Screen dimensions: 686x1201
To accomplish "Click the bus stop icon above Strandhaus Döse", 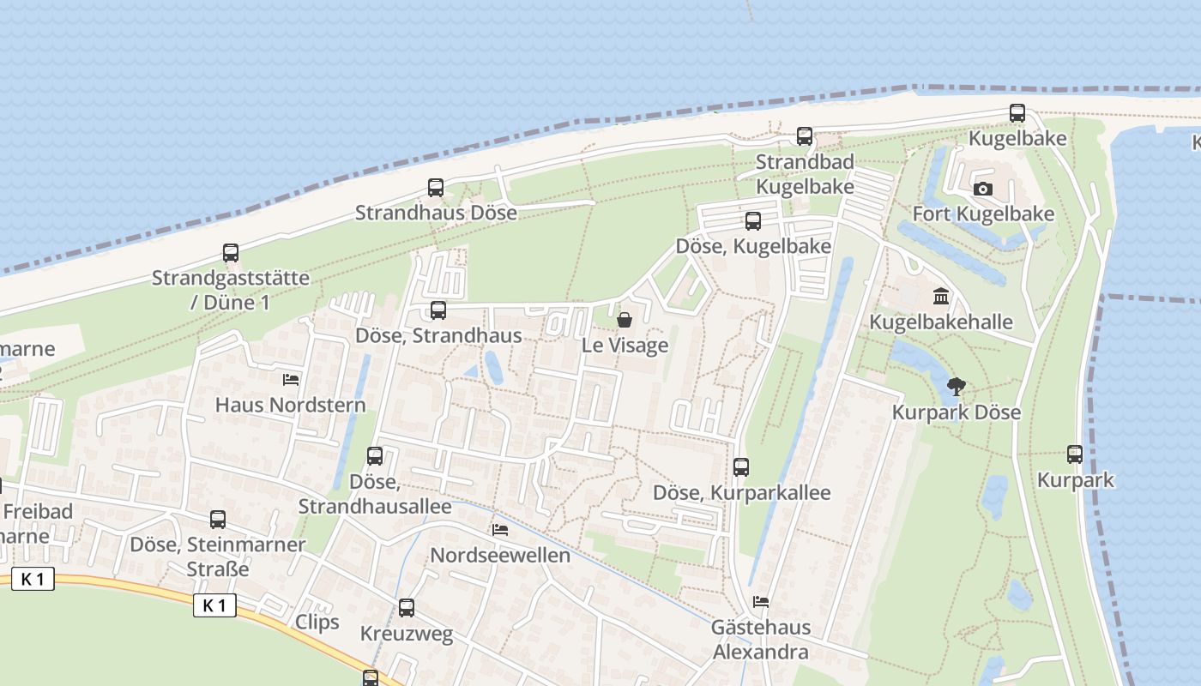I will click(436, 188).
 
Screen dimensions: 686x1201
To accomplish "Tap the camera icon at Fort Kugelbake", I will click(983, 190).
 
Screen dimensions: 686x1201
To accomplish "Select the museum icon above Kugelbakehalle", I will click(941, 298).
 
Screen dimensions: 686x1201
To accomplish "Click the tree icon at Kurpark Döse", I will click(955, 388).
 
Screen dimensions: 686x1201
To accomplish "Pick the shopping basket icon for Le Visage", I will click(625, 321).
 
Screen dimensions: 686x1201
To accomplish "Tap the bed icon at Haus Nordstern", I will click(291, 380).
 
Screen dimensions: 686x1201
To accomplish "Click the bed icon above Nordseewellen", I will click(500, 530).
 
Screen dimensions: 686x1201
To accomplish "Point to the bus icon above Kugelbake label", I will click(1017, 113).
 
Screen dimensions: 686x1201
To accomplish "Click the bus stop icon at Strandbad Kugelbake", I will click(805, 136).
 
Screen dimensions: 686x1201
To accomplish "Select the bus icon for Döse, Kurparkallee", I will click(741, 467).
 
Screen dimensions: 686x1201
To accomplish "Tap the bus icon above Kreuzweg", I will click(407, 608).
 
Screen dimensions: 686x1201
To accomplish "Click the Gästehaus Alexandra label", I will click(760, 640).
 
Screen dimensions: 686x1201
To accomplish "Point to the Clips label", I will click(317, 622).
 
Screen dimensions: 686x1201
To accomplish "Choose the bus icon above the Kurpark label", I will click(1075, 454).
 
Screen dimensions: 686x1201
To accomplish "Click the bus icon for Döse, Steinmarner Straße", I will click(218, 520).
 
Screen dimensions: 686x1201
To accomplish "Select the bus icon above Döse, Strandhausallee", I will click(375, 456).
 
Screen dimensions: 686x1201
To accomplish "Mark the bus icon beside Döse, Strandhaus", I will click(438, 310).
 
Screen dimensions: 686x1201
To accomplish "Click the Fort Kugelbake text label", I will click(983, 214).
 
